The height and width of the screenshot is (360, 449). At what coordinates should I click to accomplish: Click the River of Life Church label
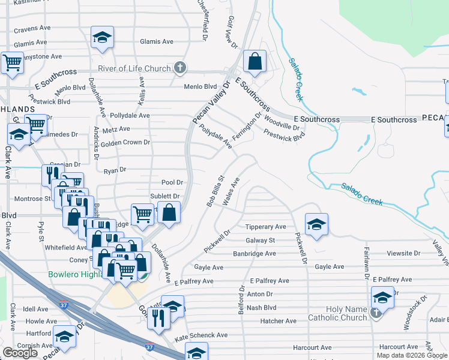(x=133, y=68)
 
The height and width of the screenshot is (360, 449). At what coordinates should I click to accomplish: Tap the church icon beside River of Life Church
(x=179, y=68)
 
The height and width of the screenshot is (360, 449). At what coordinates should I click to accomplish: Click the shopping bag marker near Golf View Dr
(x=255, y=62)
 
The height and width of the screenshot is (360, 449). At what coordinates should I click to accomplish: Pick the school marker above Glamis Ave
(x=103, y=37)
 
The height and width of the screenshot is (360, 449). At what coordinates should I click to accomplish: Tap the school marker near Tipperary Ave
(x=316, y=225)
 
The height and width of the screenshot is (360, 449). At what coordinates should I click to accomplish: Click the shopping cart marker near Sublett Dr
(x=143, y=214)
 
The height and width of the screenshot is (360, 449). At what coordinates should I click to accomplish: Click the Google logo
(x=20, y=353)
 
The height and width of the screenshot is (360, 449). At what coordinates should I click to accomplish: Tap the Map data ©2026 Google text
(x=411, y=355)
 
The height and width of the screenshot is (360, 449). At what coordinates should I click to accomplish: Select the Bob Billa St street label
(x=215, y=191)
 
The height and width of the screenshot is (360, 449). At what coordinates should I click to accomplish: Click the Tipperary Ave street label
(x=266, y=227)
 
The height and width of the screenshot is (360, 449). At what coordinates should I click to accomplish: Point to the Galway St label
(x=260, y=241)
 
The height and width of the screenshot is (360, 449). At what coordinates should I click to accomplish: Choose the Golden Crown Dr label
(x=125, y=143)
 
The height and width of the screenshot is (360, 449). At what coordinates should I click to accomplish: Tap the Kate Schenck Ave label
(x=201, y=335)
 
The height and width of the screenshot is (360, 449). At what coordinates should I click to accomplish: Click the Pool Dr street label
(x=172, y=182)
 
